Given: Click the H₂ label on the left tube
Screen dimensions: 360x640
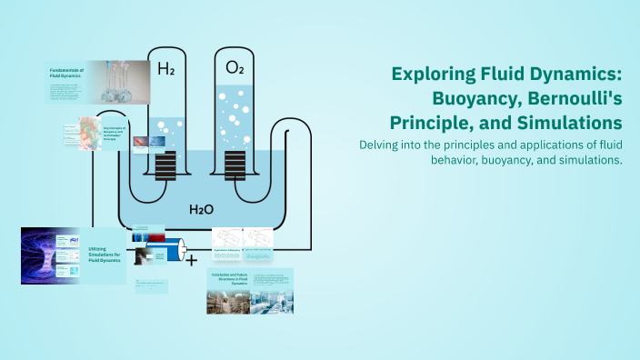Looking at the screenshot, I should tap(166, 68).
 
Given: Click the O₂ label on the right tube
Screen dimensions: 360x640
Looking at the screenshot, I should tap(235, 68).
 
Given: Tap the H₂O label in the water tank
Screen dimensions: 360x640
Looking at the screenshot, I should tap(201, 209).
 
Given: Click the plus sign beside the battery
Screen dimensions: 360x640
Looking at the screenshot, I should tap(192, 260).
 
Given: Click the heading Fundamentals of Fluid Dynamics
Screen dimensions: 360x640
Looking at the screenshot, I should tap(67, 73).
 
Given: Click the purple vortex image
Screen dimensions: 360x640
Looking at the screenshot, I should tap(38, 255).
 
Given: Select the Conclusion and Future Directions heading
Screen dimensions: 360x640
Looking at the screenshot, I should tap(227, 279).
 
